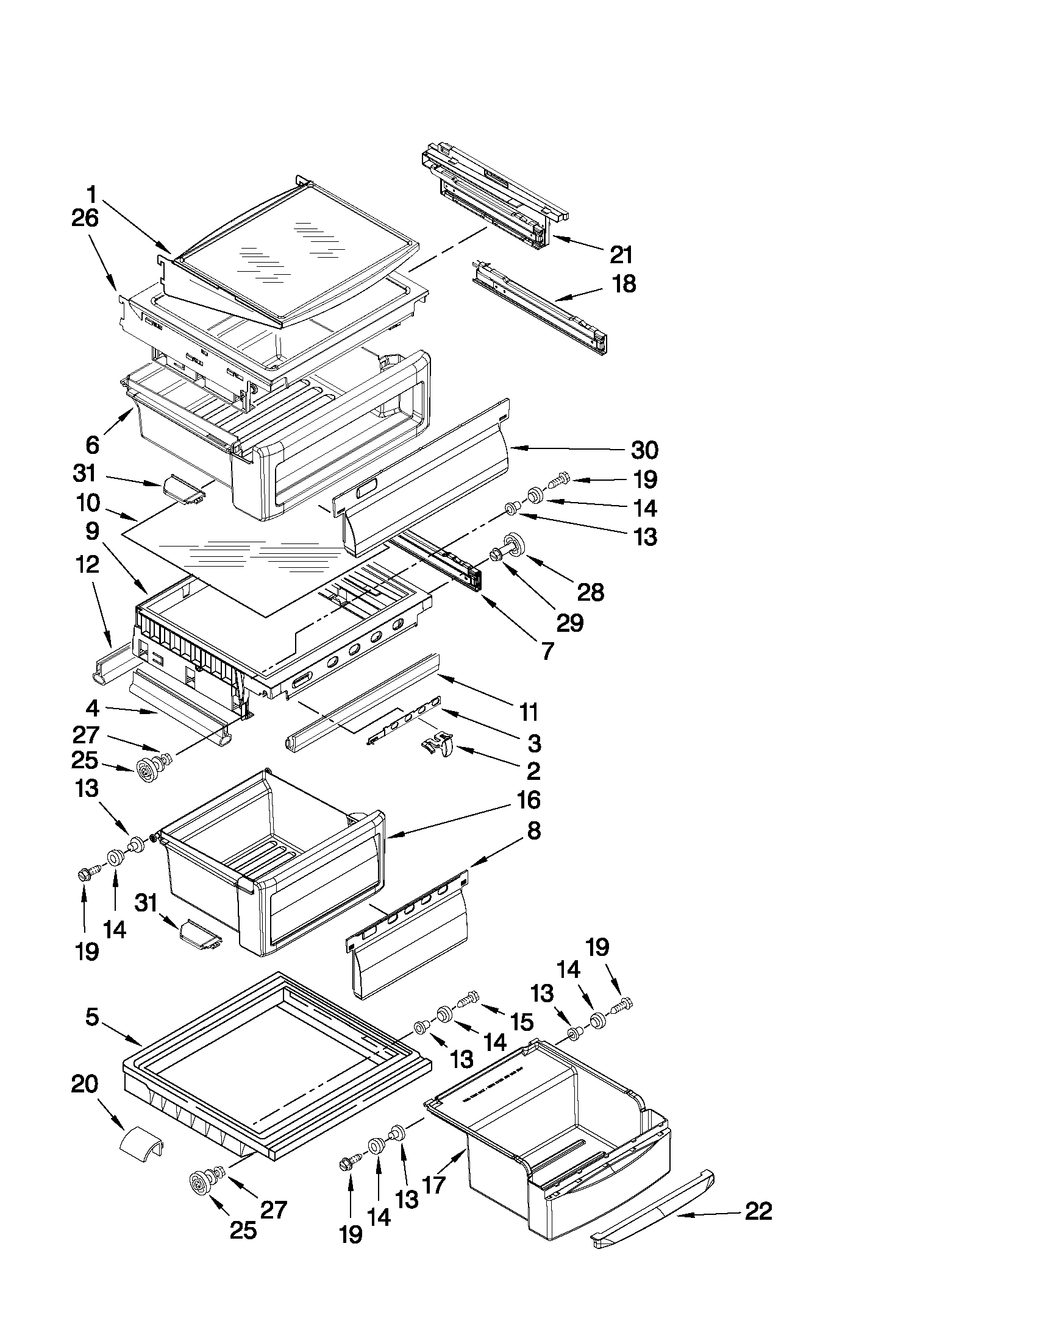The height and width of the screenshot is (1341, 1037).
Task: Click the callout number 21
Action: tap(621, 254)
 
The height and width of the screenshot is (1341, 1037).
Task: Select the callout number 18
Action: tap(624, 285)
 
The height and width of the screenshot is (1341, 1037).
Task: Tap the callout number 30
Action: tap(645, 450)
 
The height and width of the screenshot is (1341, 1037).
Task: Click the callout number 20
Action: tap(85, 1084)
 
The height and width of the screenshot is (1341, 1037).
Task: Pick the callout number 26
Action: tap(85, 219)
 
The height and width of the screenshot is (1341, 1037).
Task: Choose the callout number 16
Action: tap(529, 800)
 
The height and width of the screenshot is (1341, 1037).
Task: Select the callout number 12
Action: tap(88, 564)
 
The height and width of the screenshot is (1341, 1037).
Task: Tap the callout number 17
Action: tap(433, 1184)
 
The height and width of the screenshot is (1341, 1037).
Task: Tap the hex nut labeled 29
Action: tap(495, 555)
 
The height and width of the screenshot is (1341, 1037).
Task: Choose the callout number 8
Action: tap(534, 832)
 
